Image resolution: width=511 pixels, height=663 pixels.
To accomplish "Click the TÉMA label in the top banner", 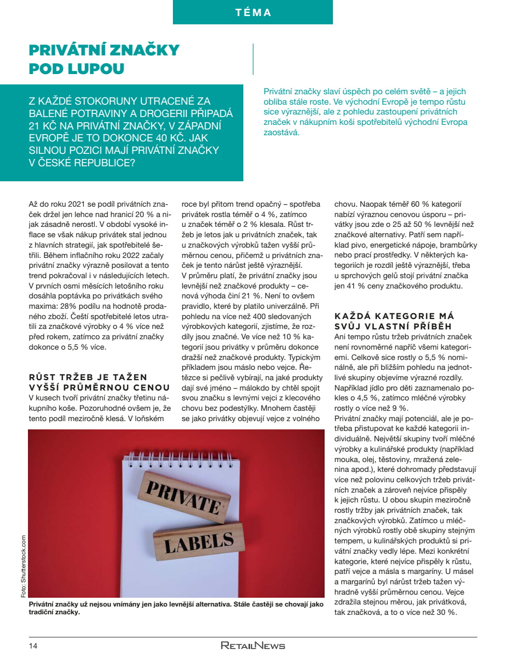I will (253, 12).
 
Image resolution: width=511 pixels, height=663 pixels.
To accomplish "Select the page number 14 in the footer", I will (33, 645).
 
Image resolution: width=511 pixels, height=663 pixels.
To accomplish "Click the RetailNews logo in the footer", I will (253, 645).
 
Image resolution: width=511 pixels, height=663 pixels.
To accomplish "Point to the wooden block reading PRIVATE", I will (184, 496).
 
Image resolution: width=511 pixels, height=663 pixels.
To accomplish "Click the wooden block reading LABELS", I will (198, 543).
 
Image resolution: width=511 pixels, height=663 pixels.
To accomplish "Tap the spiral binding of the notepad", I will (182, 458).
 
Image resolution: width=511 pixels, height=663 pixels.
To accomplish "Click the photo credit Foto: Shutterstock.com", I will (23, 566).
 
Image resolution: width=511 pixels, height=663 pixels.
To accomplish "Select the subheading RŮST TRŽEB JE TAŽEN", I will (88, 377).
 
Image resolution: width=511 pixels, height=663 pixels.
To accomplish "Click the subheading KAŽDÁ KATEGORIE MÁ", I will (393, 316).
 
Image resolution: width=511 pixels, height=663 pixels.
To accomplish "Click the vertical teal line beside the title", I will (253, 59).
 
